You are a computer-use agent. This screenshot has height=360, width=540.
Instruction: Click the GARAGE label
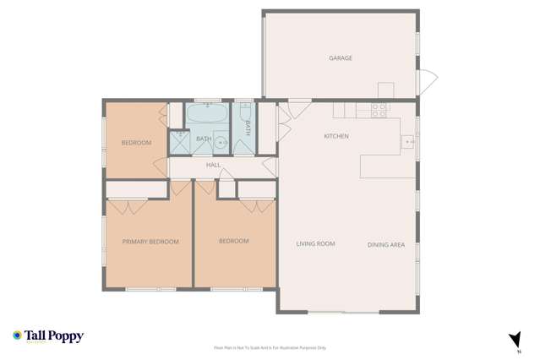pyautogui.click(x=341, y=58)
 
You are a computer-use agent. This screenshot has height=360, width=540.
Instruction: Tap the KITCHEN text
pyautogui.click(x=336, y=136)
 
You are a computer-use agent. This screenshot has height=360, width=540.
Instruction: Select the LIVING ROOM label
pyautogui.click(x=315, y=244)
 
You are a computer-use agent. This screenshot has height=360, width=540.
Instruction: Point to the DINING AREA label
pyautogui.click(x=386, y=245)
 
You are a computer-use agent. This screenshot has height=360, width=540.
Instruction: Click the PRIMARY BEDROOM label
pyautogui.click(x=150, y=242)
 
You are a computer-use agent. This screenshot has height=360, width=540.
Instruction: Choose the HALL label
pyautogui.click(x=213, y=165)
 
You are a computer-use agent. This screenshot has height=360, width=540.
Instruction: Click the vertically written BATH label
pyautogui.click(x=248, y=128)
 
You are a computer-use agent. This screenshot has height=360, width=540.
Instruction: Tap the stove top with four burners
pyautogui.click(x=379, y=108)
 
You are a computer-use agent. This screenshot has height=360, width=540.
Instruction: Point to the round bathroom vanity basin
pyautogui.click(x=219, y=142)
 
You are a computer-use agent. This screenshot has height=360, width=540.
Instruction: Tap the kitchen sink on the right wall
pyautogui.click(x=409, y=141)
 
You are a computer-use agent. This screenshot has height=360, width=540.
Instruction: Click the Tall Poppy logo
pyautogui.click(x=48, y=336)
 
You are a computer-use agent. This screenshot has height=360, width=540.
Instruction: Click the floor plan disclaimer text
pyautogui.click(x=270, y=347)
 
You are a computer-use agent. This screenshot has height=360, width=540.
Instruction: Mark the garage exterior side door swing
pyautogui.click(x=428, y=82)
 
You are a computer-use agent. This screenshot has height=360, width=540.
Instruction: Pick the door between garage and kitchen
pyautogui.click(x=299, y=106)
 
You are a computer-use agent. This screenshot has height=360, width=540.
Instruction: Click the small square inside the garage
pyautogui.click(x=385, y=90)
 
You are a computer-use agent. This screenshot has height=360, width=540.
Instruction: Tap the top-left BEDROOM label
pyautogui.click(x=136, y=143)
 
